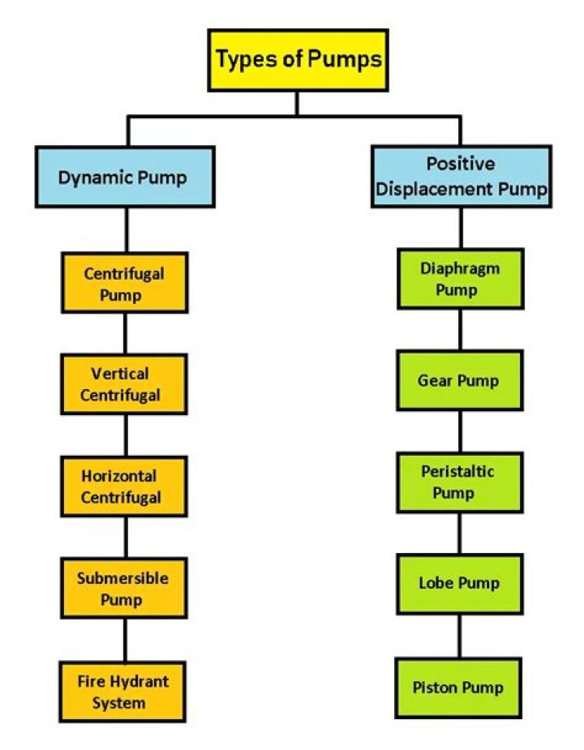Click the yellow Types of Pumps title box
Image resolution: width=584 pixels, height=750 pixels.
tap(298, 59)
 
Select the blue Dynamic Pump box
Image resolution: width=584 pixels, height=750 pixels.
tap(124, 177)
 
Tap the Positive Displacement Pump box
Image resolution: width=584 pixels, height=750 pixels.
tap(461, 176)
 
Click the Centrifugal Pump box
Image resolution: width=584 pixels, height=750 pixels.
tap(124, 283)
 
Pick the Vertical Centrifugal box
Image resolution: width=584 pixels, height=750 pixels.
tap(124, 384)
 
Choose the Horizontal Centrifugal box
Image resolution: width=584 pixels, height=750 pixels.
tap(124, 486)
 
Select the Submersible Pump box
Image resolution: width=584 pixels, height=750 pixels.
tap(124, 589)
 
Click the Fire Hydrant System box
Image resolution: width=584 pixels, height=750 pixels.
tap(124, 692)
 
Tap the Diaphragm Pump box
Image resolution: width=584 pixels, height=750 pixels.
tap(460, 278)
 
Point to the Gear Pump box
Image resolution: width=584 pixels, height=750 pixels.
tap(460, 379)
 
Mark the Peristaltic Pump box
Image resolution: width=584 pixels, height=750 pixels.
tap(460, 482)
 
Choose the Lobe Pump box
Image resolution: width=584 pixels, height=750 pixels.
tap(460, 583)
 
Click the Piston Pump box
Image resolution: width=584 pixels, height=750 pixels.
tap(460, 688)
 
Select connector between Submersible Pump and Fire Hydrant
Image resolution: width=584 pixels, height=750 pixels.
tap(124, 639)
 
